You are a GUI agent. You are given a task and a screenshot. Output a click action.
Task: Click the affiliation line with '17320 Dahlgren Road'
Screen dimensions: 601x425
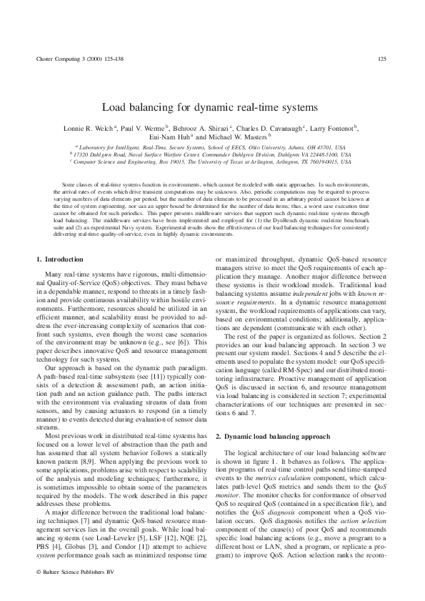(x=212, y=154)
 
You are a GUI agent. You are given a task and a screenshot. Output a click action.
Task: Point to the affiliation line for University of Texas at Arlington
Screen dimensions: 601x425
(x=212, y=162)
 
